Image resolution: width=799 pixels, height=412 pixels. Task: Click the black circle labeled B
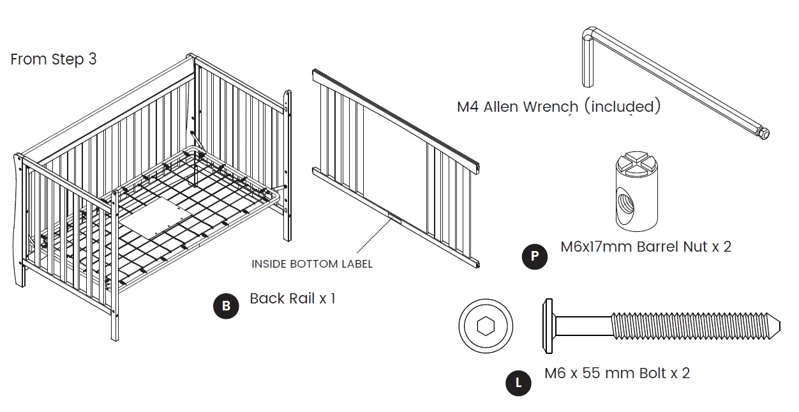click(226, 307)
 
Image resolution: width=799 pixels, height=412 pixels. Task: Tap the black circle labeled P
click(535, 257)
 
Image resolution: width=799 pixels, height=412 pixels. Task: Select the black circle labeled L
click(518, 383)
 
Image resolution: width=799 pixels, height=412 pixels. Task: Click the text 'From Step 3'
click(54, 59)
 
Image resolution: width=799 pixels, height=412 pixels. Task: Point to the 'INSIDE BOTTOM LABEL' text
click(312, 264)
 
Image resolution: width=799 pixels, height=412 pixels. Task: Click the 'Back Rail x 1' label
click(292, 298)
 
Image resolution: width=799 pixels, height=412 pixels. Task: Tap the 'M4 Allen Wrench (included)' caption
click(558, 107)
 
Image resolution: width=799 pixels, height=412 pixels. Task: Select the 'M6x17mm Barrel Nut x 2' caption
click(646, 247)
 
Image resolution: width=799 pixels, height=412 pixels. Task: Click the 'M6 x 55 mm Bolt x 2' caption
click(617, 373)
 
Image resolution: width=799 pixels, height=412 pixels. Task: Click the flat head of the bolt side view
click(547, 326)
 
